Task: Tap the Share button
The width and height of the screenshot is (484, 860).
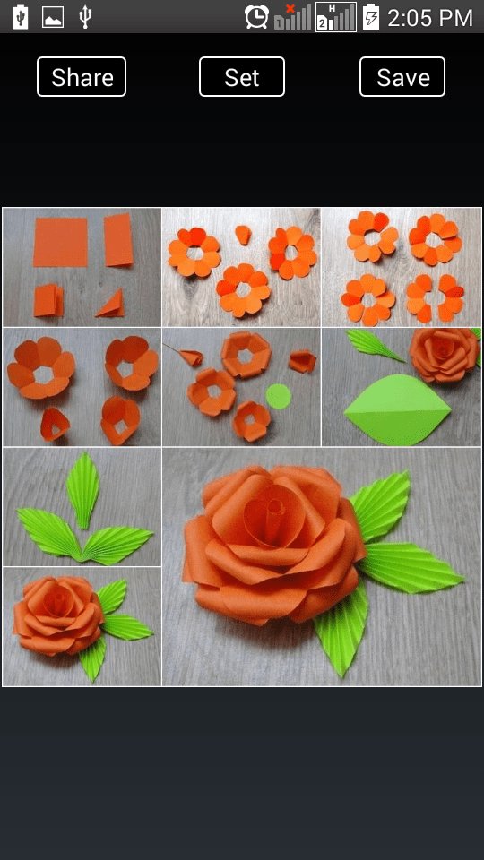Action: pos(82,77)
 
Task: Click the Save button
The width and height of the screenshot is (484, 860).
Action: pos(402,77)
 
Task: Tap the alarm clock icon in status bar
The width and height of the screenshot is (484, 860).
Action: pos(257,17)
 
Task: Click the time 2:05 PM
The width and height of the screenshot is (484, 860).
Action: pos(430,18)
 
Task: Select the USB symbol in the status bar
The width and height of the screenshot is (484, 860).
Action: pos(84,17)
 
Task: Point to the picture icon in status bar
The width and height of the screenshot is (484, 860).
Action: pos(53,18)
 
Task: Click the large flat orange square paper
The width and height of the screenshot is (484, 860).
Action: pos(60,241)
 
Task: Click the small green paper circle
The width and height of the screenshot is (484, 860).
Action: pos(278,396)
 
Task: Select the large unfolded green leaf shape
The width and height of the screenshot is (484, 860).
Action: pos(397,409)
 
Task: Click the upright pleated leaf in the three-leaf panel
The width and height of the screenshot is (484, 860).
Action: pos(82,490)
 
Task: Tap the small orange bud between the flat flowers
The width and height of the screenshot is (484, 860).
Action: pos(243,234)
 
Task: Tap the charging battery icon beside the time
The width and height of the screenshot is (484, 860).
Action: pos(371,17)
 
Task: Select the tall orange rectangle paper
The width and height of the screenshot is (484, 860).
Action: pos(118,240)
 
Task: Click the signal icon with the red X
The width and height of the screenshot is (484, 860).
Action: pos(292,17)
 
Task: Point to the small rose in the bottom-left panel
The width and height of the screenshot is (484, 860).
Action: pos(58,615)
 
